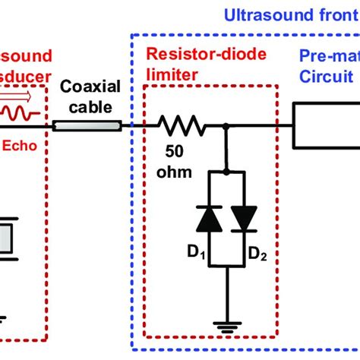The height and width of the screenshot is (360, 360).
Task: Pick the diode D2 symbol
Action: point(245,219)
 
